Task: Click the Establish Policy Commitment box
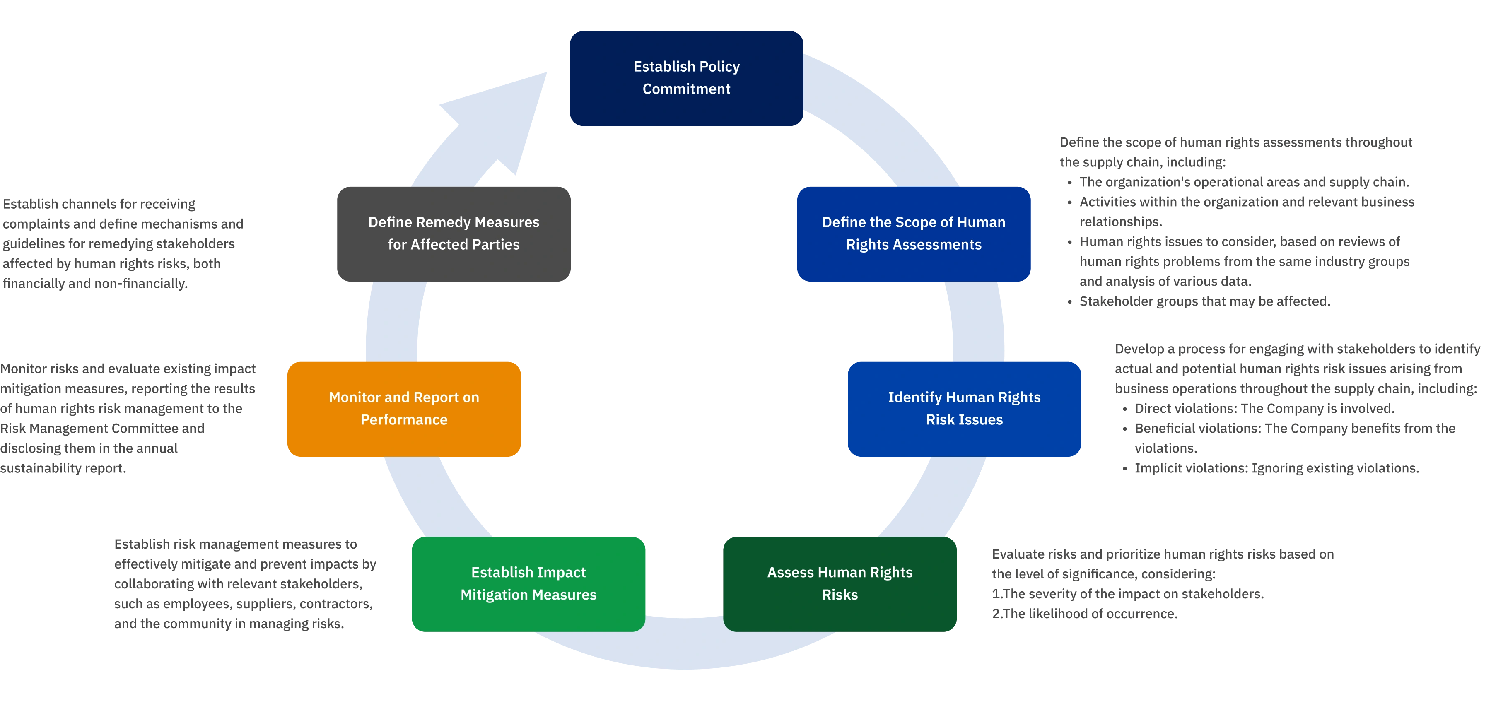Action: click(x=686, y=78)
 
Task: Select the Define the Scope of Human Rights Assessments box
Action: click(x=913, y=234)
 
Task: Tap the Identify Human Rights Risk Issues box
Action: click(x=964, y=409)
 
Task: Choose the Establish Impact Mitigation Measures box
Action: click(x=528, y=583)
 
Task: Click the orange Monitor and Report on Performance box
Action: click(x=404, y=409)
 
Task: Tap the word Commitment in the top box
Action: click(x=686, y=89)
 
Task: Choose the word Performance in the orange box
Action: click(x=404, y=420)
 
